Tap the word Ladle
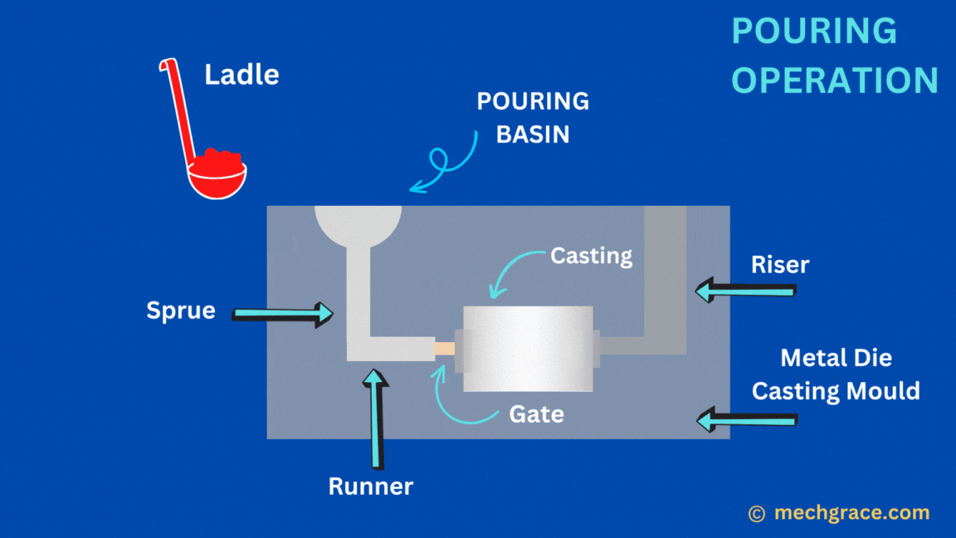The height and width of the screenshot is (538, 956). (x=241, y=75)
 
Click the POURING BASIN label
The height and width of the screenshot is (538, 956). (x=533, y=117)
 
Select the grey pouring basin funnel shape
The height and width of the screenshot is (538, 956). (x=358, y=226)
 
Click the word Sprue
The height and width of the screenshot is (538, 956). (x=181, y=311)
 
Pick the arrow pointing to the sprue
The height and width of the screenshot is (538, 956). (x=283, y=313)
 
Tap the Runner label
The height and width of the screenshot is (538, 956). (x=370, y=487)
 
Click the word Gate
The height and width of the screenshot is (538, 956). (x=537, y=413)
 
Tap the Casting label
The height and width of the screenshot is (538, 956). (x=591, y=256)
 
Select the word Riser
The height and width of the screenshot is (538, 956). (x=780, y=265)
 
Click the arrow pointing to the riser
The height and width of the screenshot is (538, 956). (x=745, y=291)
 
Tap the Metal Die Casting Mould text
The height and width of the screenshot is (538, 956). (x=836, y=374)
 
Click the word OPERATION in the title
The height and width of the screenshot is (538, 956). (x=835, y=81)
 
